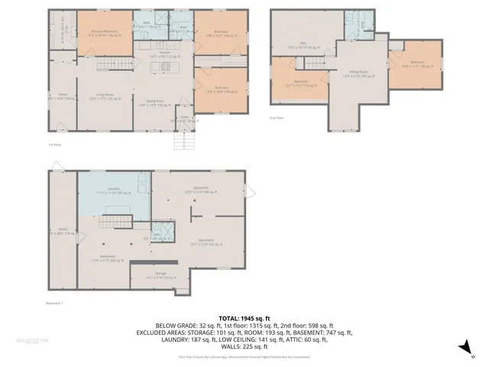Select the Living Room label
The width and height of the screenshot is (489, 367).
(105, 95)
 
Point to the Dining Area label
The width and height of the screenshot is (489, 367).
(157, 102)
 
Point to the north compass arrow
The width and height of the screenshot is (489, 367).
(462, 348)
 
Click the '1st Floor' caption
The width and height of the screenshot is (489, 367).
(54, 144)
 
